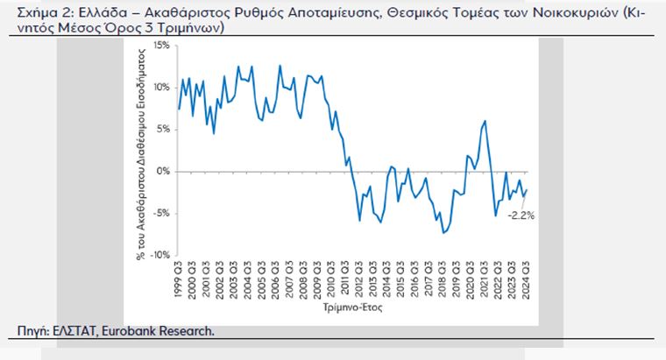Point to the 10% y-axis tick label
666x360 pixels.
pyautogui.click(x=162, y=87)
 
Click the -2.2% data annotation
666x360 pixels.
pyautogui.click(x=521, y=215)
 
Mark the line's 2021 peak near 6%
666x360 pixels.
pyautogui.click(x=485, y=120)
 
